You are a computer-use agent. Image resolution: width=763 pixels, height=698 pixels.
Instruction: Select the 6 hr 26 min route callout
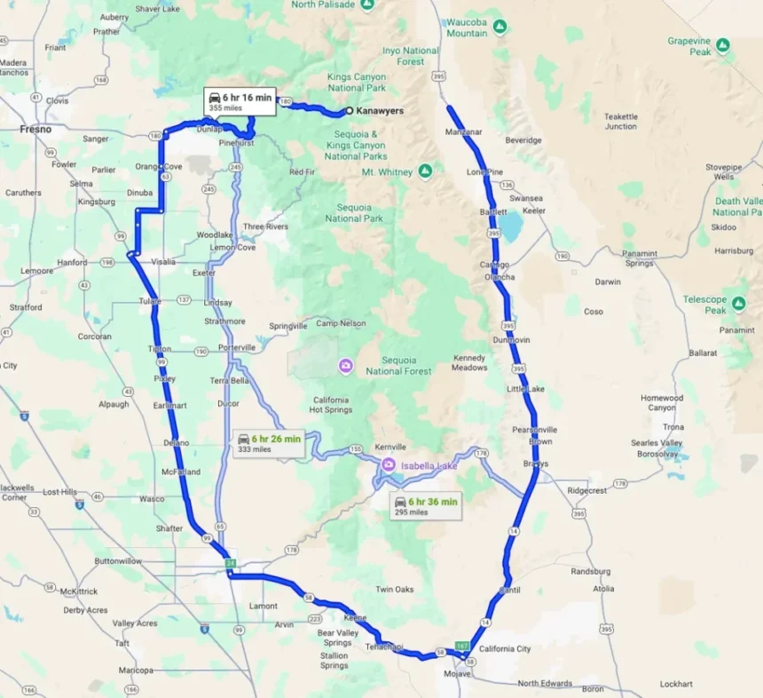click(269, 443)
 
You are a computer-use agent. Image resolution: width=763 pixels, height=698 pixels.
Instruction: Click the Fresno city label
click(35, 129)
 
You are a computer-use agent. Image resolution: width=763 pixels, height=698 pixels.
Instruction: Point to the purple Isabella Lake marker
click(388, 464)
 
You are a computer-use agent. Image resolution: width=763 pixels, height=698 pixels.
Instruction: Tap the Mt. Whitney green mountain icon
click(425, 171)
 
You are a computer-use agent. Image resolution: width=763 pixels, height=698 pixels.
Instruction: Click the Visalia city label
click(164, 262)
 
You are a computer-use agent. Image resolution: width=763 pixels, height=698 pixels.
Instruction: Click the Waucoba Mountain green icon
click(499, 27)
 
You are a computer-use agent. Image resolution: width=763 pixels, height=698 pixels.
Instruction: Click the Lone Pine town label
click(484, 171)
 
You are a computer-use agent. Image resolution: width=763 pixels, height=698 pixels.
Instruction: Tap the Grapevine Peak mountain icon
click(723, 44)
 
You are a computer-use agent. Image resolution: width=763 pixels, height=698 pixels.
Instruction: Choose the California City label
click(505, 649)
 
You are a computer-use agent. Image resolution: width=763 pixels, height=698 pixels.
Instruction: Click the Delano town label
click(177, 442)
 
